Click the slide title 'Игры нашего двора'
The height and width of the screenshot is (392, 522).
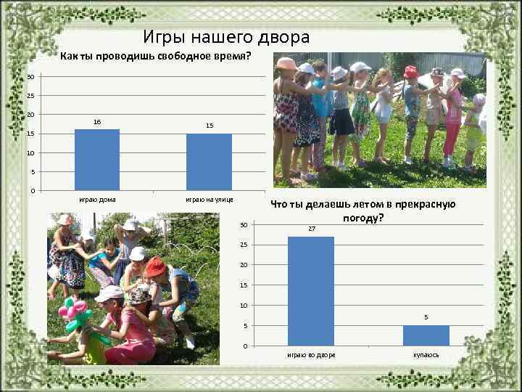(226, 37)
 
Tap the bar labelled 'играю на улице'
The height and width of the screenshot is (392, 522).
(209, 162)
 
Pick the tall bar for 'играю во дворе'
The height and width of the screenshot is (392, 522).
(311, 290)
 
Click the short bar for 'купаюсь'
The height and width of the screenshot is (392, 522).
(426, 335)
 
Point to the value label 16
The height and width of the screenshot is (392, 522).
(97, 123)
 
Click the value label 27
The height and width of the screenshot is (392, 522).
(311, 229)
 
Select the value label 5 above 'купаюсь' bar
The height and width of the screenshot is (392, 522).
(426, 317)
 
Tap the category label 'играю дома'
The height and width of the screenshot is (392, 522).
(97, 199)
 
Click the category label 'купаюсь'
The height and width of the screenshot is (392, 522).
(426, 355)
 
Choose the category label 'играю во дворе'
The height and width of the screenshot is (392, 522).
(311, 355)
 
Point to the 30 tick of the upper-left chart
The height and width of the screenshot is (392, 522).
(30, 78)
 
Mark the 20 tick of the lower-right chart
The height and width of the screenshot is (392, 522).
(244, 265)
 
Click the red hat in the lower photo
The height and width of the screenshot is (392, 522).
(154, 267)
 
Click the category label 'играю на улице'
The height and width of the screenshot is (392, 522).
(209, 199)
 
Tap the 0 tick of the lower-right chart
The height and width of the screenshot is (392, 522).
(245, 346)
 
